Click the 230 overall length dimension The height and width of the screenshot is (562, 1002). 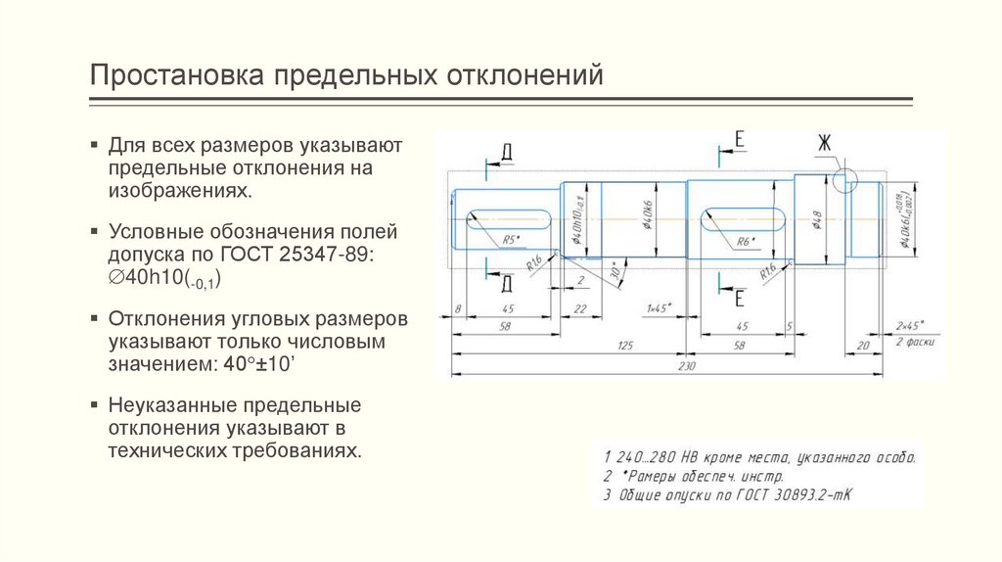click(686, 366)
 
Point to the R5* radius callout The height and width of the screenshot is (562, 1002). click(511, 240)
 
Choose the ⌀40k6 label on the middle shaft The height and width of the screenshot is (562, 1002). click(648, 216)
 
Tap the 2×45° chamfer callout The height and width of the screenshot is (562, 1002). click(909, 324)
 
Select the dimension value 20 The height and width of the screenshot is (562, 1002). click(863, 345)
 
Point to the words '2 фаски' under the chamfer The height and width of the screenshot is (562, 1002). click(916, 343)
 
